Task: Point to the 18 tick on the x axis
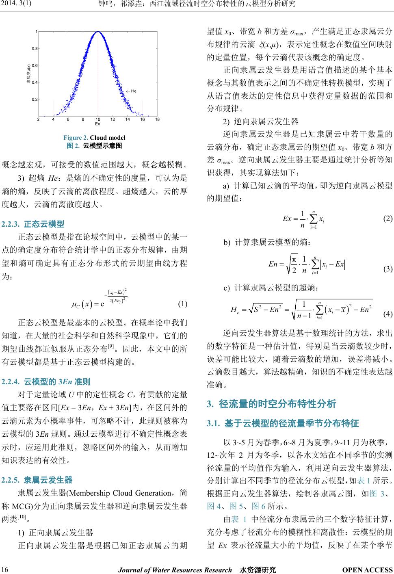click(x=157, y=119)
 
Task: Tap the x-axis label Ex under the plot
click(x=97, y=123)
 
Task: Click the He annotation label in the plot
click(x=134, y=91)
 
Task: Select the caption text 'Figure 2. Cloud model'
click(x=94, y=137)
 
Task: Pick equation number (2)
click(x=388, y=219)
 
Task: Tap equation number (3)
click(x=388, y=269)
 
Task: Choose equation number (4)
click(x=388, y=314)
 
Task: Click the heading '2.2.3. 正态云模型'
click(x=33, y=223)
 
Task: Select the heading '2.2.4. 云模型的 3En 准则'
click(x=46, y=381)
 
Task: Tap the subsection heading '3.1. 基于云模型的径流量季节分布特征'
click(x=283, y=424)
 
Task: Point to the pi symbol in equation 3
click(x=295, y=259)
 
